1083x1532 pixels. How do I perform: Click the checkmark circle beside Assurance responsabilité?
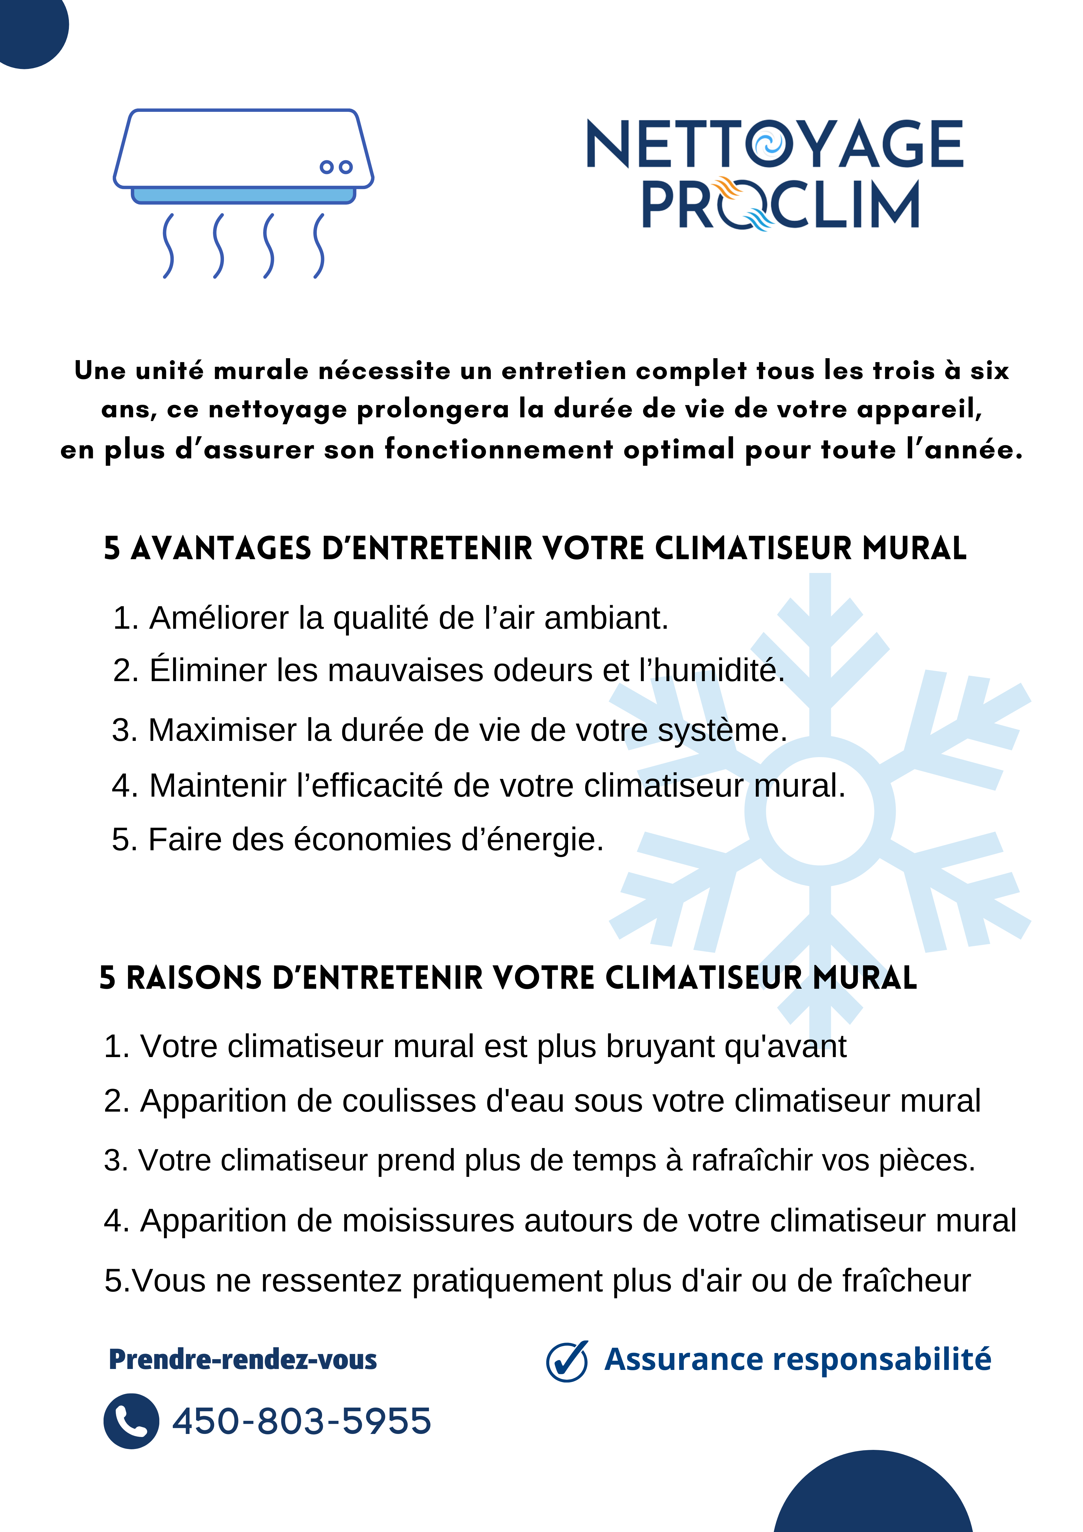(566, 1361)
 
